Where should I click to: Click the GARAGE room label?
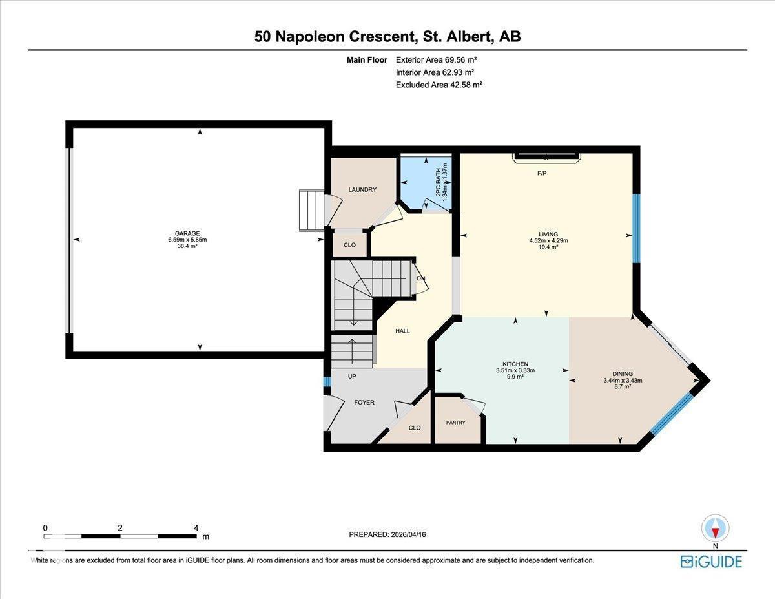[187, 233]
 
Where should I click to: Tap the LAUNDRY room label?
[362, 189]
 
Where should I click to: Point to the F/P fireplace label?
[542, 174]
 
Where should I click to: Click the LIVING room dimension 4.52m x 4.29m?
[548, 240]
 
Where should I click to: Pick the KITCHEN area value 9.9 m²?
[515, 377]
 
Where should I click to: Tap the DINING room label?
[623, 373]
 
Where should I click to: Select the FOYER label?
[364, 402]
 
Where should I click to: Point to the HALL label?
[402, 331]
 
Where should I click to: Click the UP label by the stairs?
[351, 376]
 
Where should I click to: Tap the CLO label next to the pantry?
[415, 427]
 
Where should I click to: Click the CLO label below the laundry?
[349, 245]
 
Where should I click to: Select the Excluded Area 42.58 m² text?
[439, 84]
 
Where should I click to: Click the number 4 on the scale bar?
[196, 527]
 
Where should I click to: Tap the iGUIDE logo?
[711, 561]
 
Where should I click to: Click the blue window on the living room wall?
[635, 228]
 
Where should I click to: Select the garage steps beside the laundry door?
[311, 211]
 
